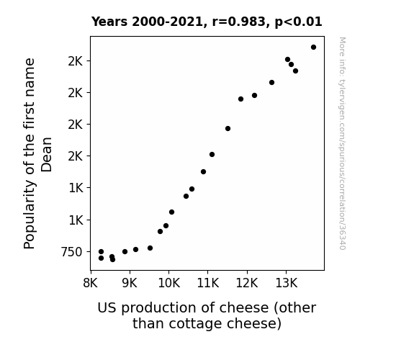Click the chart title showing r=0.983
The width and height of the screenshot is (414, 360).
pos(207,22)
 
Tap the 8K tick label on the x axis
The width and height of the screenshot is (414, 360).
pos(90,284)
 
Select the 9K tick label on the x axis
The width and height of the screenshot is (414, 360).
pos(130,284)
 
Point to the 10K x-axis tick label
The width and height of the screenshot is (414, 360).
pos(169,284)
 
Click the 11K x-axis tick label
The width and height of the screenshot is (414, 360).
pos(208,284)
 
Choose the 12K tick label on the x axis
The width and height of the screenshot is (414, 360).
pos(247,284)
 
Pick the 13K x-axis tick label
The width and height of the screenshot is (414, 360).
pos(287,284)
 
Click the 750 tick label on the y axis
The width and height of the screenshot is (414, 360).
pos(71,252)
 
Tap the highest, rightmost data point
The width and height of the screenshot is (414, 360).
pos(313,48)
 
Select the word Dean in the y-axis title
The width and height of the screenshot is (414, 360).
pos(47,155)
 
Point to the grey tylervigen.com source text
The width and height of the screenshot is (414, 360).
pos(342,143)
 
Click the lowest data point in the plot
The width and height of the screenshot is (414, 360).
pos(113,259)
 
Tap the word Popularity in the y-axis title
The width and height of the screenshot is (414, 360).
pos(30,215)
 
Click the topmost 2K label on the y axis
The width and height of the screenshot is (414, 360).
pos(76,61)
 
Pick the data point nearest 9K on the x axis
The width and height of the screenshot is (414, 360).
pos(125,252)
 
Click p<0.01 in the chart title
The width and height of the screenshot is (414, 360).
pos(298,22)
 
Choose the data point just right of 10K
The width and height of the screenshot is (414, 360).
pos(171,212)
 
